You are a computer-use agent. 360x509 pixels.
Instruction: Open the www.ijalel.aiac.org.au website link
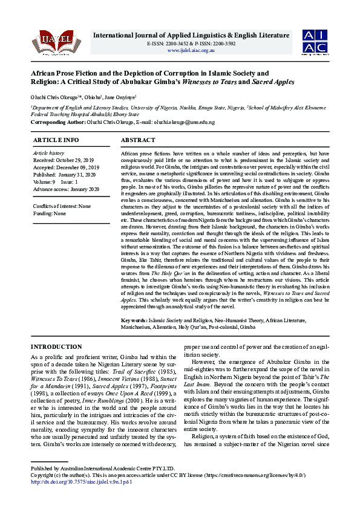click(191, 50)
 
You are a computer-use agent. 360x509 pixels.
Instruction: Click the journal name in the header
click(191, 35)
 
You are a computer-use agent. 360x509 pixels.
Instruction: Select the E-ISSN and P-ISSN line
click(191, 44)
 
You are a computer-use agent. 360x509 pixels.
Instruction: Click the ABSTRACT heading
click(138, 140)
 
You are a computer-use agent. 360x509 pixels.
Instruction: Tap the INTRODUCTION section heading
click(56, 347)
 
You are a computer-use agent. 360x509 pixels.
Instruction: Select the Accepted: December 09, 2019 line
click(62, 167)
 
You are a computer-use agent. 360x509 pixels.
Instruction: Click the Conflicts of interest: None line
click(62, 206)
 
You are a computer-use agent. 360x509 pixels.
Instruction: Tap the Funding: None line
click(50, 213)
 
